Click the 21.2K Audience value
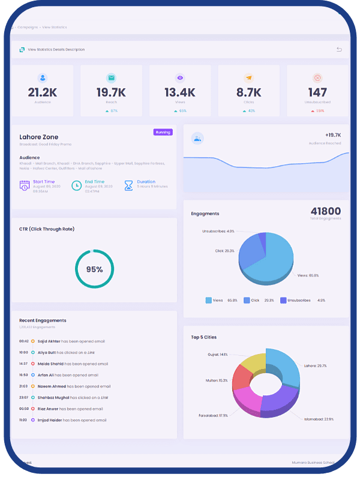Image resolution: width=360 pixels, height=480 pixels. (42, 92)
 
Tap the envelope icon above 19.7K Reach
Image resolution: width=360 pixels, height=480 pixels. (111, 78)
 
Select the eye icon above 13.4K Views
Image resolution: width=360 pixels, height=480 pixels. (179, 78)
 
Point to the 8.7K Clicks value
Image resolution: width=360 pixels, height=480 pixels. (248, 92)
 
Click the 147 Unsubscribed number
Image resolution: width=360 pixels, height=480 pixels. (317, 92)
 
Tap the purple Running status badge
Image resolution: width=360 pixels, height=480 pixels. (163, 132)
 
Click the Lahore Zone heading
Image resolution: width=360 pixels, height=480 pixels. (39, 137)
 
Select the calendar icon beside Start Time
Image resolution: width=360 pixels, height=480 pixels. (25, 185)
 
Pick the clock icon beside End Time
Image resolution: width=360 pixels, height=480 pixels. (76, 185)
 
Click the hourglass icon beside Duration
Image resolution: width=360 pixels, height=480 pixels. (128, 185)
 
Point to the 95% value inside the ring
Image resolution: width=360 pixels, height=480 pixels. (94, 269)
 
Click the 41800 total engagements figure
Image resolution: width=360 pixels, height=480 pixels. (326, 211)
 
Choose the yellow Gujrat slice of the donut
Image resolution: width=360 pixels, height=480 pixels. (252, 364)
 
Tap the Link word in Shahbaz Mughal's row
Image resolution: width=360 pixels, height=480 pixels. (104, 398)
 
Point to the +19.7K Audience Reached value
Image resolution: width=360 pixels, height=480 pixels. (332, 136)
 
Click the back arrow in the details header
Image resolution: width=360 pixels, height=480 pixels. (339, 49)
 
